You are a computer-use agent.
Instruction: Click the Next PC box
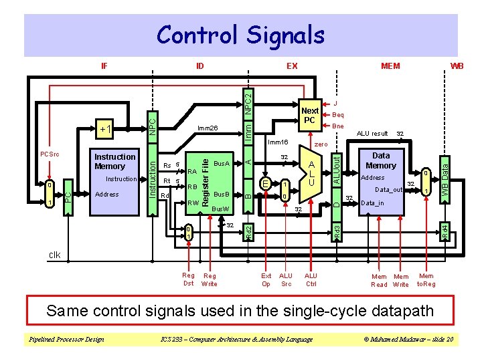(309, 116)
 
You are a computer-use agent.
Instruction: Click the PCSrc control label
(49, 154)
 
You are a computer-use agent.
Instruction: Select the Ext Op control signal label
(266, 279)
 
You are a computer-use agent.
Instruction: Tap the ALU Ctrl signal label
(311, 279)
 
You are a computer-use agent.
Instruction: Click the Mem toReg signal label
(426, 279)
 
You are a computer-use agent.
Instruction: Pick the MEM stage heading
(390, 66)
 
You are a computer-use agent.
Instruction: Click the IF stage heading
(104, 66)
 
